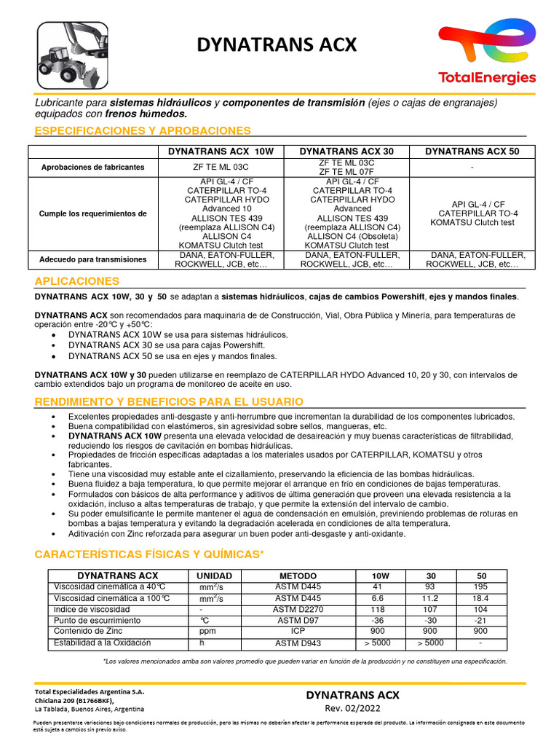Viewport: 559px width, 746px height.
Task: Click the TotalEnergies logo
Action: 487,52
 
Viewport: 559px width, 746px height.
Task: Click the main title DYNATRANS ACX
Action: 277,46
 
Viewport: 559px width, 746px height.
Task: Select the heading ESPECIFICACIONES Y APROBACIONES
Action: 143,130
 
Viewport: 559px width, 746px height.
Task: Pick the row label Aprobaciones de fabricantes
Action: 92,167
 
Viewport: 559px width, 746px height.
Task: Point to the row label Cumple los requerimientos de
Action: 92,213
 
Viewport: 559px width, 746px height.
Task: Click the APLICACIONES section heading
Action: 77,280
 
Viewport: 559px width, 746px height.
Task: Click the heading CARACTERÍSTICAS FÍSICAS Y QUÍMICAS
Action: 149,554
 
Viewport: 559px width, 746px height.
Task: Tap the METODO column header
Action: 298,576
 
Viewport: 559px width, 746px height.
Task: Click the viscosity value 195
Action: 481,587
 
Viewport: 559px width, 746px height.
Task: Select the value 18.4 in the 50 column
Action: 481,599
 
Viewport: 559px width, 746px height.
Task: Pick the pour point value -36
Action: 377,621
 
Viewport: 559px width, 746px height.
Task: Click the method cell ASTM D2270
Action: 298,610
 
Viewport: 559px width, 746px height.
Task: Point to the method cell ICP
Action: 298,632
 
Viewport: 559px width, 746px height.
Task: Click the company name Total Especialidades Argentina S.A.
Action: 90,691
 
